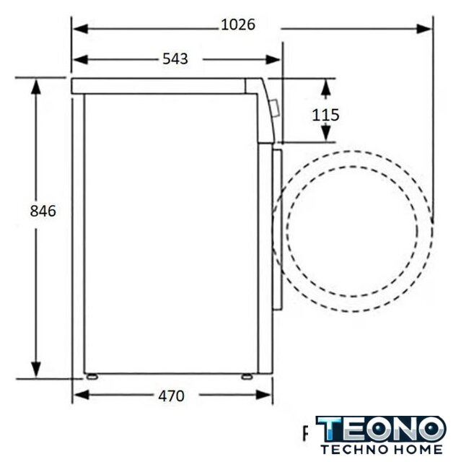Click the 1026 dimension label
pos(238,25)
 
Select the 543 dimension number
pos(175,59)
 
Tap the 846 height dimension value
pos(43,212)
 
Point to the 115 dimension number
pos(325,115)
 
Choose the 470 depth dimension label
pos(171,396)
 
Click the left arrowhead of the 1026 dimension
pos(80,29)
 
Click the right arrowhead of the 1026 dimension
pos(424,29)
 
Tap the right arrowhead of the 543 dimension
pos(273,60)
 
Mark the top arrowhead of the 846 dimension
pos(36,87)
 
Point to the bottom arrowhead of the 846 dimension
pos(36,370)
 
